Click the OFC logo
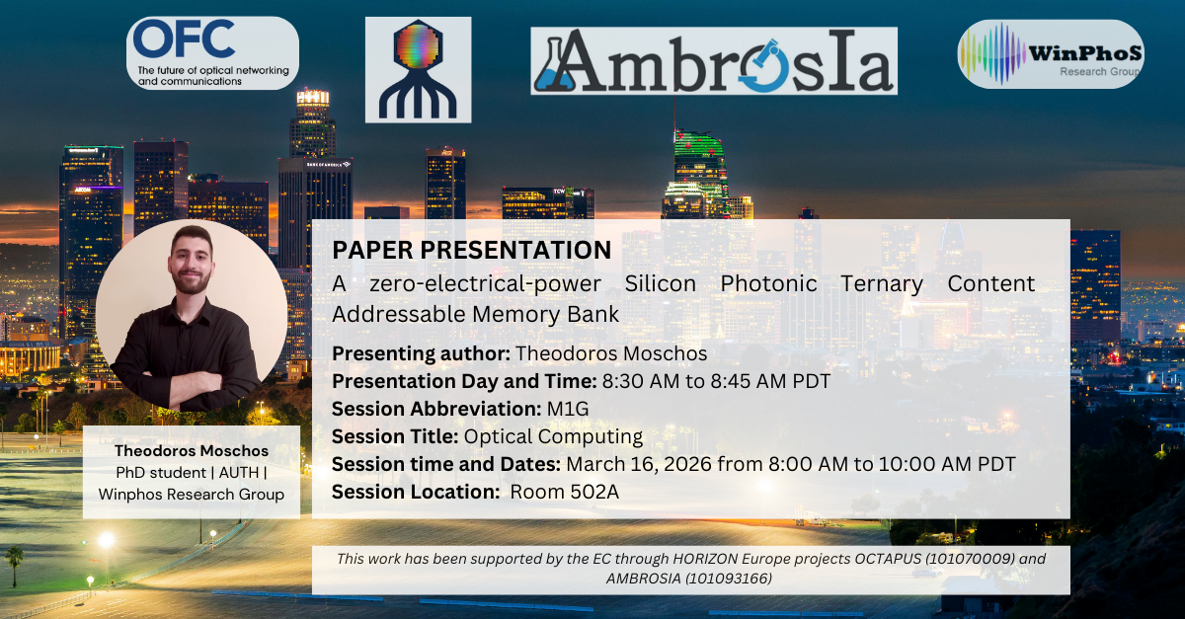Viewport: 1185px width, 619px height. pos(212,53)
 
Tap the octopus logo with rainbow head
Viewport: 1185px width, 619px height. pos(418,69)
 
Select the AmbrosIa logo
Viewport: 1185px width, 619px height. pos(714,61)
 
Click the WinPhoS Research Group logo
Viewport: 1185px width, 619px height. pos(1051,54)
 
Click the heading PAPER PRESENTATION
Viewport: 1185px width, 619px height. pos(471,250)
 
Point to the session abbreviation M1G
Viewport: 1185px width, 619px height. pos(568,409)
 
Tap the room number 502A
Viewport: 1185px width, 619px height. pos(592,492)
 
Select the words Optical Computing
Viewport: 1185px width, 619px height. pos(553,437)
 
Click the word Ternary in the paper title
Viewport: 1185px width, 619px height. pos(882,284)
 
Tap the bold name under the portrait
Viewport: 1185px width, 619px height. pos(192,451)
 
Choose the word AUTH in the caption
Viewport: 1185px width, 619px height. pos(239,473)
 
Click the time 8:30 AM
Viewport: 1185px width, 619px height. pos(641,381)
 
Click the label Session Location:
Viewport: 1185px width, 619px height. pos(416,492)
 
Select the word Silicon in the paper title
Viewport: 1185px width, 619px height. pos(661,284)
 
